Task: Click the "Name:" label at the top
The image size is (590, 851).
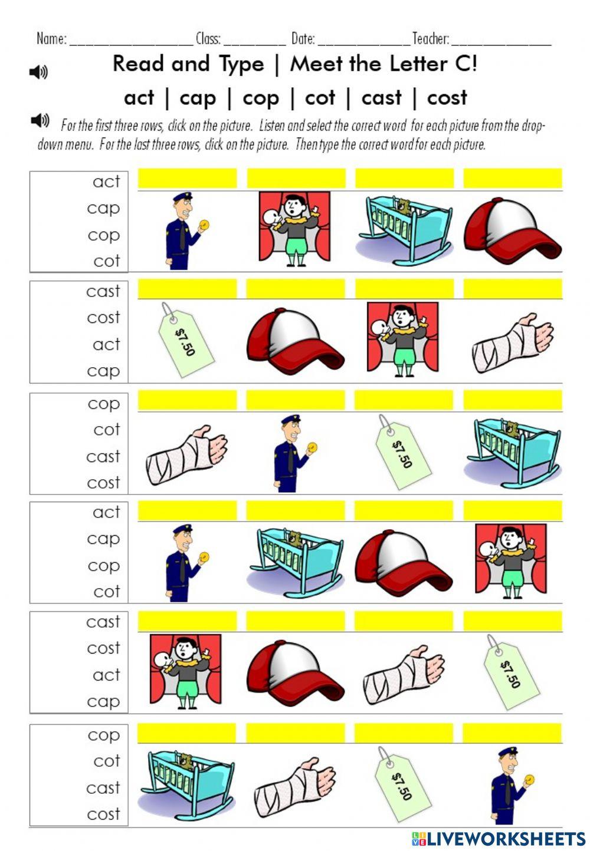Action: tap(51, 39)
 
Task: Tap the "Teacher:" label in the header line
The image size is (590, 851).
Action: tap(430, 39)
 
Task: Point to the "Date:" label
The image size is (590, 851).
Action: tap(303, 39)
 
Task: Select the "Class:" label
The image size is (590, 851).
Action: tap(208, 39)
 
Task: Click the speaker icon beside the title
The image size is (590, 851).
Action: tap(38, 72)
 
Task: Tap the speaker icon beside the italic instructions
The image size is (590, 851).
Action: tap(40, 121)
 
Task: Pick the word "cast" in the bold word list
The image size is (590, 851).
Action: tap(381, 97)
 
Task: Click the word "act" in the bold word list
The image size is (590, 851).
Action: tap(139, 97)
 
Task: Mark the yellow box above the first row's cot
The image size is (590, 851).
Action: tap(404, 178)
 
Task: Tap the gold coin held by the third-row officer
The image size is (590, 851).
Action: tap(312, 447)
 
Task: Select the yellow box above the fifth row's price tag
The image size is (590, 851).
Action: tap(512, 621)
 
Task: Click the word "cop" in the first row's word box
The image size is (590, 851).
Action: tap(103, 235)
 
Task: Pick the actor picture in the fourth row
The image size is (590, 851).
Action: tap(511, 560)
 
